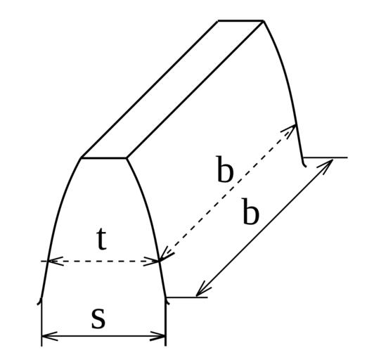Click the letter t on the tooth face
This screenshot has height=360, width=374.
click(x=102, y=239)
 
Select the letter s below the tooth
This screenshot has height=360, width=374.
click(x=98, y=319)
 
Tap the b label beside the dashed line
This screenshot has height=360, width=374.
click(x=225, y=169)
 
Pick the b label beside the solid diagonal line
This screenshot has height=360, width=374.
click(x=251, y=211)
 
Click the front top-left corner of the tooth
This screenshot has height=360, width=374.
click(x=81, y=158)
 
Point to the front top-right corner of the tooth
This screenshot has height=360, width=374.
click(x=127, y=158)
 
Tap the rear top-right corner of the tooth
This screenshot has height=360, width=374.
click(x=263, y=21)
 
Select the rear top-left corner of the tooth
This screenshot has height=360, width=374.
click(x=218, y=21)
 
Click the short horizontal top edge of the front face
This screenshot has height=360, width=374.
click(x=104, y=158)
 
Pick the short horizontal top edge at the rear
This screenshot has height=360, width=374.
click(x=240, y=21)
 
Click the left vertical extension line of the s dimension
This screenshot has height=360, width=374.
click(x=41, y=322)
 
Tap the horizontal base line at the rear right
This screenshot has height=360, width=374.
click(x=325, y=157)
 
